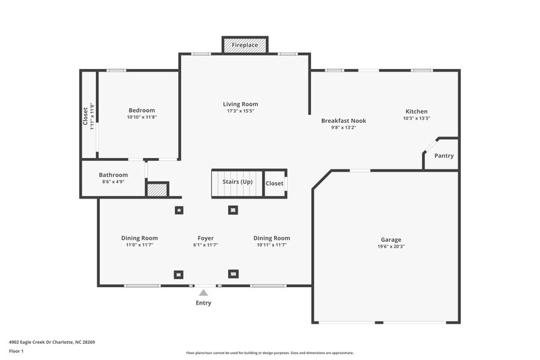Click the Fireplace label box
click(245, 45)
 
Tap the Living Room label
click(240, 104)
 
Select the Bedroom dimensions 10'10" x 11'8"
click(142, 118)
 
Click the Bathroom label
click(113, 174)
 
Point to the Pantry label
click(443, 156)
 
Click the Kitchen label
click(416, 111)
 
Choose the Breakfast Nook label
click(343, 120)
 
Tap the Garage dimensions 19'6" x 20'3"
click(391, 247)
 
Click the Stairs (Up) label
click(238, 182)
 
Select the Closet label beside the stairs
click(274, 183)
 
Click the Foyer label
click(205, 238)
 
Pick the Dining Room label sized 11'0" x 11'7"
click(140, 238)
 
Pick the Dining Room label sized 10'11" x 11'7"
click(271, 238)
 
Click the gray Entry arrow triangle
click(203, 292)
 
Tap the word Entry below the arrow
click(203, 303)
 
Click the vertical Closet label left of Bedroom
click(85, 115)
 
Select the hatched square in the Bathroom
click(157, 190)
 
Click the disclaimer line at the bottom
click(269, 353)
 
